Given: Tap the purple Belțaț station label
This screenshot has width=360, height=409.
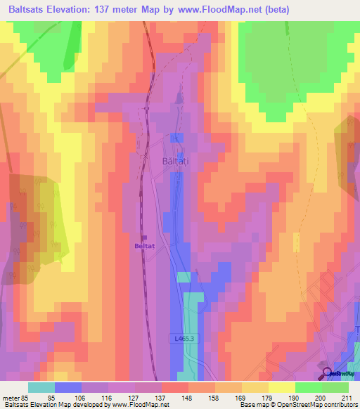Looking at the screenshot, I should coord(144,246).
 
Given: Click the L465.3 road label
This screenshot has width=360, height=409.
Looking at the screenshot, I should coord(184,339).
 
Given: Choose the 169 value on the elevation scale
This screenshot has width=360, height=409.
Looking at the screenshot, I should coord(242,397).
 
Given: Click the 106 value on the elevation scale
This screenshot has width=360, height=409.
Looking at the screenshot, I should coord(82,397).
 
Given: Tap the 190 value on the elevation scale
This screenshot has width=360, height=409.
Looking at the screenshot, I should coord(295,397).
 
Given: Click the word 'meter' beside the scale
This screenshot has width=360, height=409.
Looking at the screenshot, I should coord(10,397).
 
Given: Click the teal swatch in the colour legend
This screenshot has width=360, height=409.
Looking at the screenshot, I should coord(41,387).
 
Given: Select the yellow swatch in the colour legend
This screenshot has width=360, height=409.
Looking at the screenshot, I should coord(282,387).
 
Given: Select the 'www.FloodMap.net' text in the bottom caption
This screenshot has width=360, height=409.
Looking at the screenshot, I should coord(140,405).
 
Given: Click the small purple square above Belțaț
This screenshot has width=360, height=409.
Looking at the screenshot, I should coord(143,237).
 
